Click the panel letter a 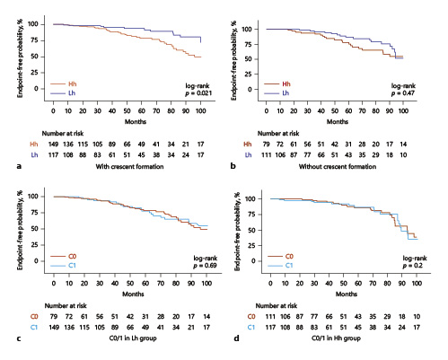click(6, 166)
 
